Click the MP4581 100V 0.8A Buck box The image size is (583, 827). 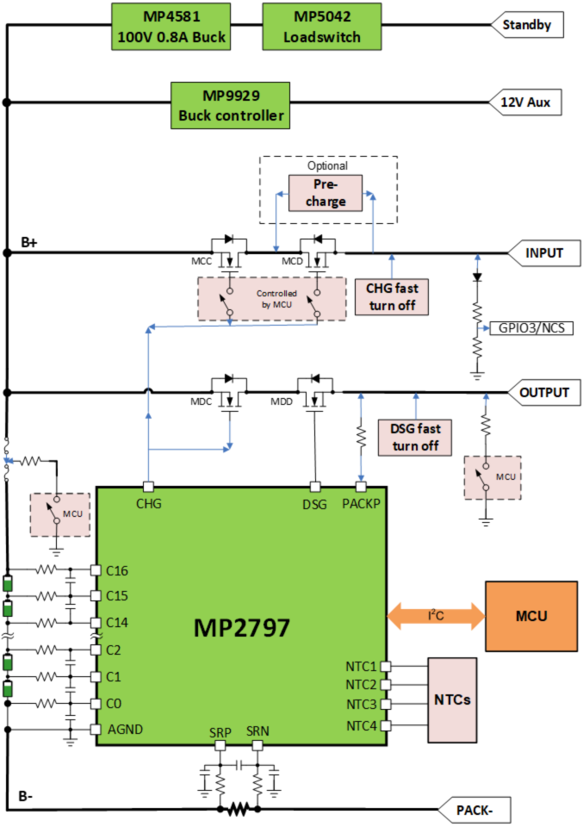click(171, 27)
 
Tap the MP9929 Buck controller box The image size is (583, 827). click(230, 105)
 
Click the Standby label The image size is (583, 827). click(526, 25)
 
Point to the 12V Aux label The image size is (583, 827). click(525, 103)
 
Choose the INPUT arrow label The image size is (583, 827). click(543, 253)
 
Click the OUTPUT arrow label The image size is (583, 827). click(543, 393)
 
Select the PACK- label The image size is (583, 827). click(474, 810)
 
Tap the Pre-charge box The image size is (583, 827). click(325, 192)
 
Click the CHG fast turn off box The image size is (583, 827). click(392, 296)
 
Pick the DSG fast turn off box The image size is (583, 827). click(415, 437)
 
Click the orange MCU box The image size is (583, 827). click(530, 616)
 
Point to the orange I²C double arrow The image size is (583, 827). click(436, 616)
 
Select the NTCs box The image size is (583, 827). click(452, 700)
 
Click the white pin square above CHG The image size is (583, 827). click(148, 487)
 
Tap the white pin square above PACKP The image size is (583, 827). click(361, 487)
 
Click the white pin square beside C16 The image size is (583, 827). click(96, 570)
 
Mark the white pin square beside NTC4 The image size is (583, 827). click(386, 725)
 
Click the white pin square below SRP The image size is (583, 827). click(220, 745)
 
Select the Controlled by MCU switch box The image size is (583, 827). click(272, 299)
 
